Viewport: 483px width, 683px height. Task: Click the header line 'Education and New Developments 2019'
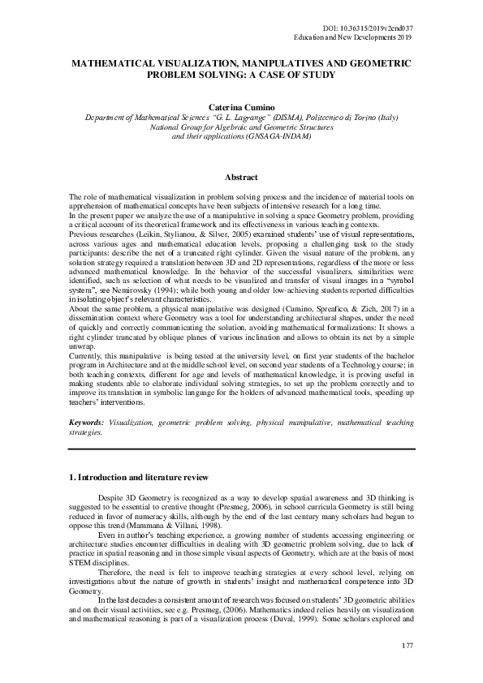(354, 38)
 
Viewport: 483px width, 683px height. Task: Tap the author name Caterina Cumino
(242, 106)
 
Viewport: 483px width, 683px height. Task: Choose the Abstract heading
(241, 177)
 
